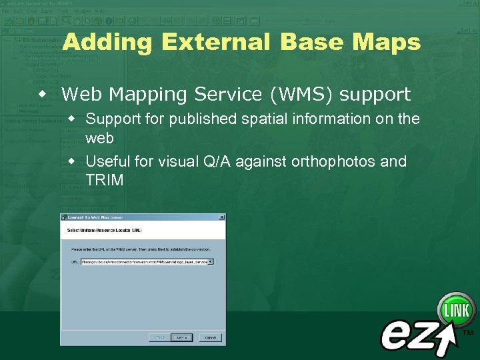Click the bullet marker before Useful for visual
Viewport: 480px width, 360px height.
tap(75, 162)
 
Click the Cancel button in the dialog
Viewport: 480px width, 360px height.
tap(211, 337)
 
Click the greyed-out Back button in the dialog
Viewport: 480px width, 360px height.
tap(157, 337)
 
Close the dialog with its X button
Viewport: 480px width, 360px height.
tap(221, 217)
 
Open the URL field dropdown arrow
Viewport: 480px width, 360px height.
tap(211, 262)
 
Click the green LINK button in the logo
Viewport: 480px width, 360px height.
tap(457, 310)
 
